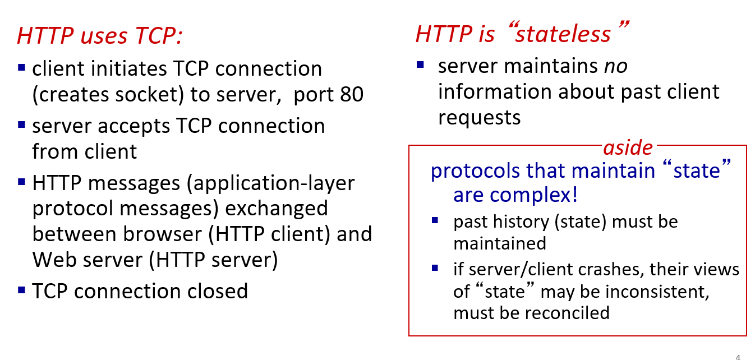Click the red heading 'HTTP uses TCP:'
point(100,35)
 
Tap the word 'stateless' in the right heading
point(563,34)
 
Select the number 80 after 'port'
point(352,94)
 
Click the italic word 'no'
point(615,66)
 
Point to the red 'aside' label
point(628,147)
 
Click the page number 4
point(738,357)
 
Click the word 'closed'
point(218,291)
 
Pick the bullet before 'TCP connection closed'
point(21,290)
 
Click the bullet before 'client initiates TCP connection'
point(21,67)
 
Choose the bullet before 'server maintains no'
point(420,64)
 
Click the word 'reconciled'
point(567,313)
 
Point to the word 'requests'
point(479,118)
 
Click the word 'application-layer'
point(271,184)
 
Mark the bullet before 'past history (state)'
point(435,220)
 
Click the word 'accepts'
point(134,127)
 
